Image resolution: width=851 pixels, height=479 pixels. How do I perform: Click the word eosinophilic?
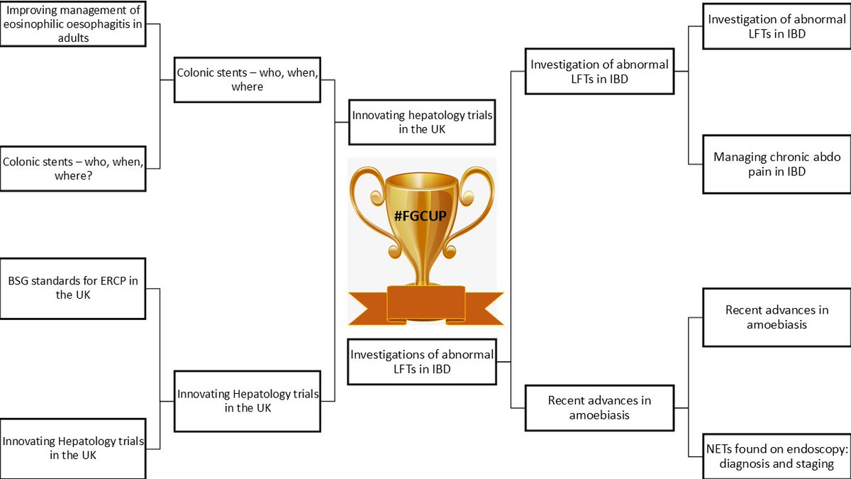pos(34,24)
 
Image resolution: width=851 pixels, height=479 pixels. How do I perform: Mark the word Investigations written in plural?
pos(391,354)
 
